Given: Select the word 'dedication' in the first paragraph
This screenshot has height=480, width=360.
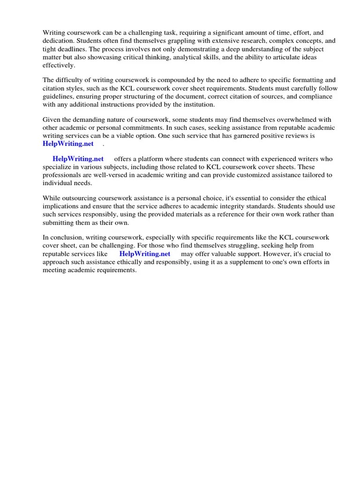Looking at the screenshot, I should pyautogui.click(x=58, y=41).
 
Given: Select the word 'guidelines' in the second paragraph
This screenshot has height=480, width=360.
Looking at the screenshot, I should pyautogui.click(x=58, y=97).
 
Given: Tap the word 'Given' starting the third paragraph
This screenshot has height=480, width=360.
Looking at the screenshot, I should pyautogui.click(x=52, y=120).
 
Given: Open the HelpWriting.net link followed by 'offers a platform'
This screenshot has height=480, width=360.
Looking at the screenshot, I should pyautogui.click(x=78, y=159).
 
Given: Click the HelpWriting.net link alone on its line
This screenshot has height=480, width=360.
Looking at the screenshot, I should pyautogui.click(x=68, y=144).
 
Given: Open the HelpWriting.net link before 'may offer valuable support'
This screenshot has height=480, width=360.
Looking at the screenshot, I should pyautogui.click(x=145, y=254).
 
